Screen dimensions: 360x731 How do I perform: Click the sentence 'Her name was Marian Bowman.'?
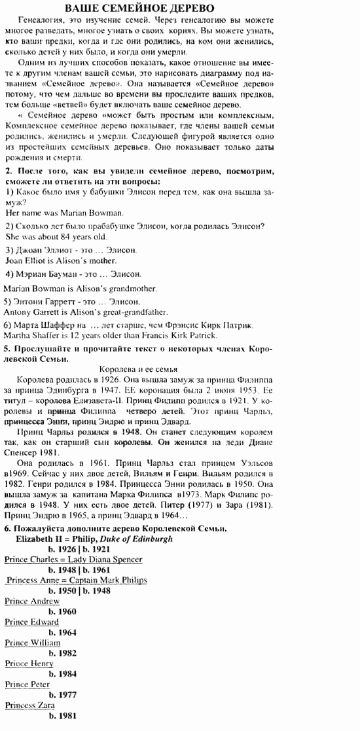coord(64,213)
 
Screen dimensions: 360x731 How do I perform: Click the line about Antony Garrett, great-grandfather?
coord(86,312)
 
